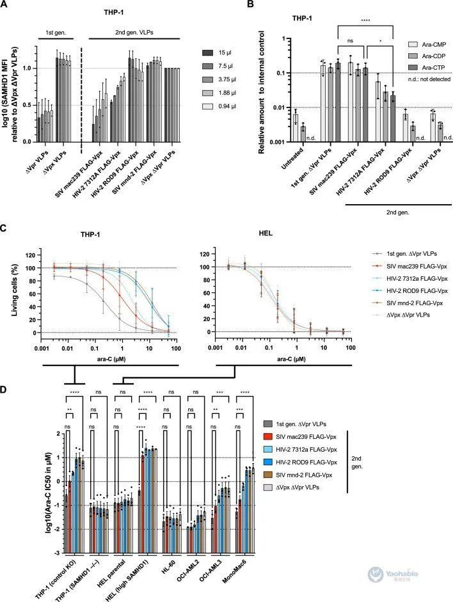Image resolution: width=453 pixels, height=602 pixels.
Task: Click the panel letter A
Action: point(5,5)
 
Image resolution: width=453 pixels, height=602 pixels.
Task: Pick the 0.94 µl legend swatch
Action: point(187,110)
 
